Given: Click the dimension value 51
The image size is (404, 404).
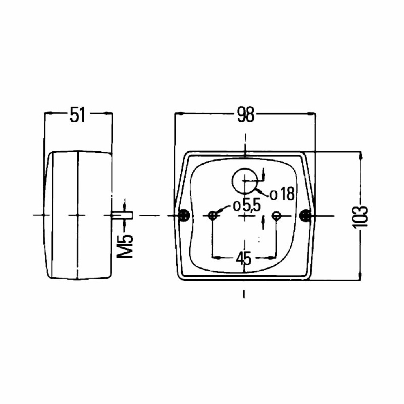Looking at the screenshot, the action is pos(78,115).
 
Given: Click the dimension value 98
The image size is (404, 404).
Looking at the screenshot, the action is pos(246,115).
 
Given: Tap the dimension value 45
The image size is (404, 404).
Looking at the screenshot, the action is pos(243,258).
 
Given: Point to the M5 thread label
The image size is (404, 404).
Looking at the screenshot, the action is pos(125,247).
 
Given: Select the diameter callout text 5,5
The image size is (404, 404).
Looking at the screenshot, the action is pos(251,205).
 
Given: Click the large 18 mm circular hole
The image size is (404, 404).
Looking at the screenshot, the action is pos(245,181).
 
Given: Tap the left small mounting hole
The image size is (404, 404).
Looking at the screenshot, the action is pos(213,215).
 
